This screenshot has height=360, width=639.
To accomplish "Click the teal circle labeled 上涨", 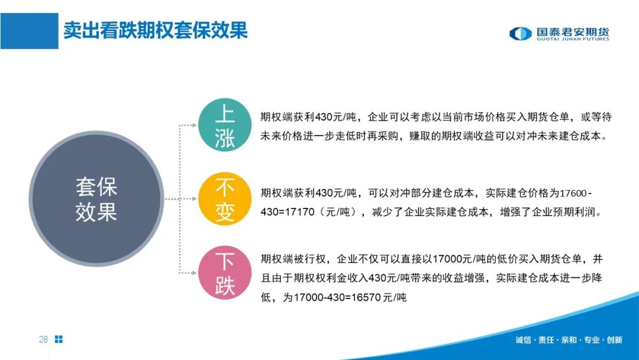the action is [225, 125].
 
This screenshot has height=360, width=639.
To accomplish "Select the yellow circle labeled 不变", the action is [225, 199].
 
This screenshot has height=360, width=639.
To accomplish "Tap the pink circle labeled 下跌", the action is [225, 273].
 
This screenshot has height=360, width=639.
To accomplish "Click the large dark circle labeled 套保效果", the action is [96, 199].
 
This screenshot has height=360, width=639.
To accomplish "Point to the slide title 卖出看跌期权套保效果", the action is [156, 31].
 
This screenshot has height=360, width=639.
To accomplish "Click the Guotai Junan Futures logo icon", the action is [521, 33].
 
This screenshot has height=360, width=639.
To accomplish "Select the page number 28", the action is [43, 339].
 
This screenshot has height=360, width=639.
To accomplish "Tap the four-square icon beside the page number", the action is [59, 339].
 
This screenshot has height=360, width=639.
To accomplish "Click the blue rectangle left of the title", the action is [30, 31].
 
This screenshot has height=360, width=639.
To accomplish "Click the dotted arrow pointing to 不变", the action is [181, 199].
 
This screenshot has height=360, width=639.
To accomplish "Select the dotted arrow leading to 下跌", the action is [180, 236].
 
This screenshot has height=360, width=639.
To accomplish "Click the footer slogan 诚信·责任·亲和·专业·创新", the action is [569, 340].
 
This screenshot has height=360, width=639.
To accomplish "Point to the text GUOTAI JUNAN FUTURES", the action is [573, 39].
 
